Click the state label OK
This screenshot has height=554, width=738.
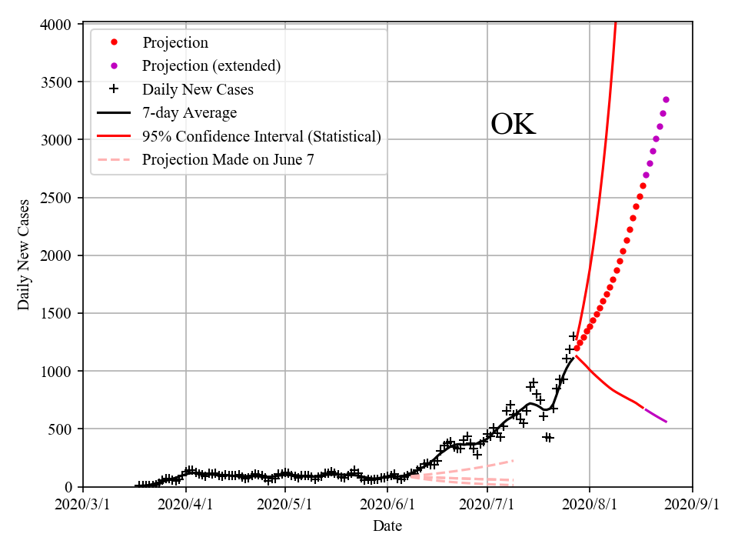(x=513, y=125)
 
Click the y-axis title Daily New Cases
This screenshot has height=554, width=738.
(x=24, y=255)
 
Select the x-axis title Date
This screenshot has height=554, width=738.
(x=387, y=526)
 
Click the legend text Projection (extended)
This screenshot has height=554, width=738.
(x=211, y=66)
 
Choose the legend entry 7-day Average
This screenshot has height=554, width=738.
(x=189, y=113)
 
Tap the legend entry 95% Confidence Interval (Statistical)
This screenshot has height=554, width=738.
(x=261, y=137)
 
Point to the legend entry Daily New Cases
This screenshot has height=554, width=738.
(x=198, y=90)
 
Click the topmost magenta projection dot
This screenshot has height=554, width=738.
(x=666, y=99)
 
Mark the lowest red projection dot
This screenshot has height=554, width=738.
(x=577, y=348)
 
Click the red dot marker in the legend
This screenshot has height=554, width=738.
(x=114, y=42)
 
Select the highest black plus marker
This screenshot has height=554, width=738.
(x=573, y=336)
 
